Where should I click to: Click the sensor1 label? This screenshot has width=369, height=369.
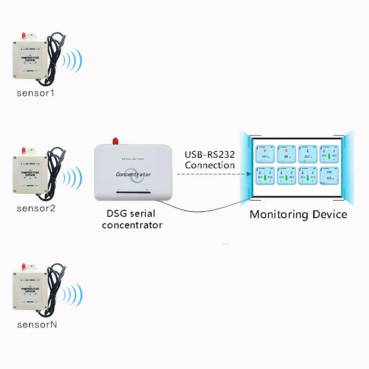click(x=36, y=93)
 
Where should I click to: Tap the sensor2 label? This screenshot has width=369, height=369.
click(x=36, y=208)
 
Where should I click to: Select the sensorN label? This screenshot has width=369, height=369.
click(x=36, y=324)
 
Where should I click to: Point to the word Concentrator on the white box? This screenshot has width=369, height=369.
click(x=133, y=174)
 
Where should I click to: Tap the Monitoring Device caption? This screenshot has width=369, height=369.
click(x=298, y=214)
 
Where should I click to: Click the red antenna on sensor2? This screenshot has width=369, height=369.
click(x=23, y=151)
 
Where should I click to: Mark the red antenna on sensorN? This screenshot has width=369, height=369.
click(x=23, y=267)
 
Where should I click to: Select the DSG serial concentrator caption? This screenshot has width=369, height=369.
click(x=132, y=219)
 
